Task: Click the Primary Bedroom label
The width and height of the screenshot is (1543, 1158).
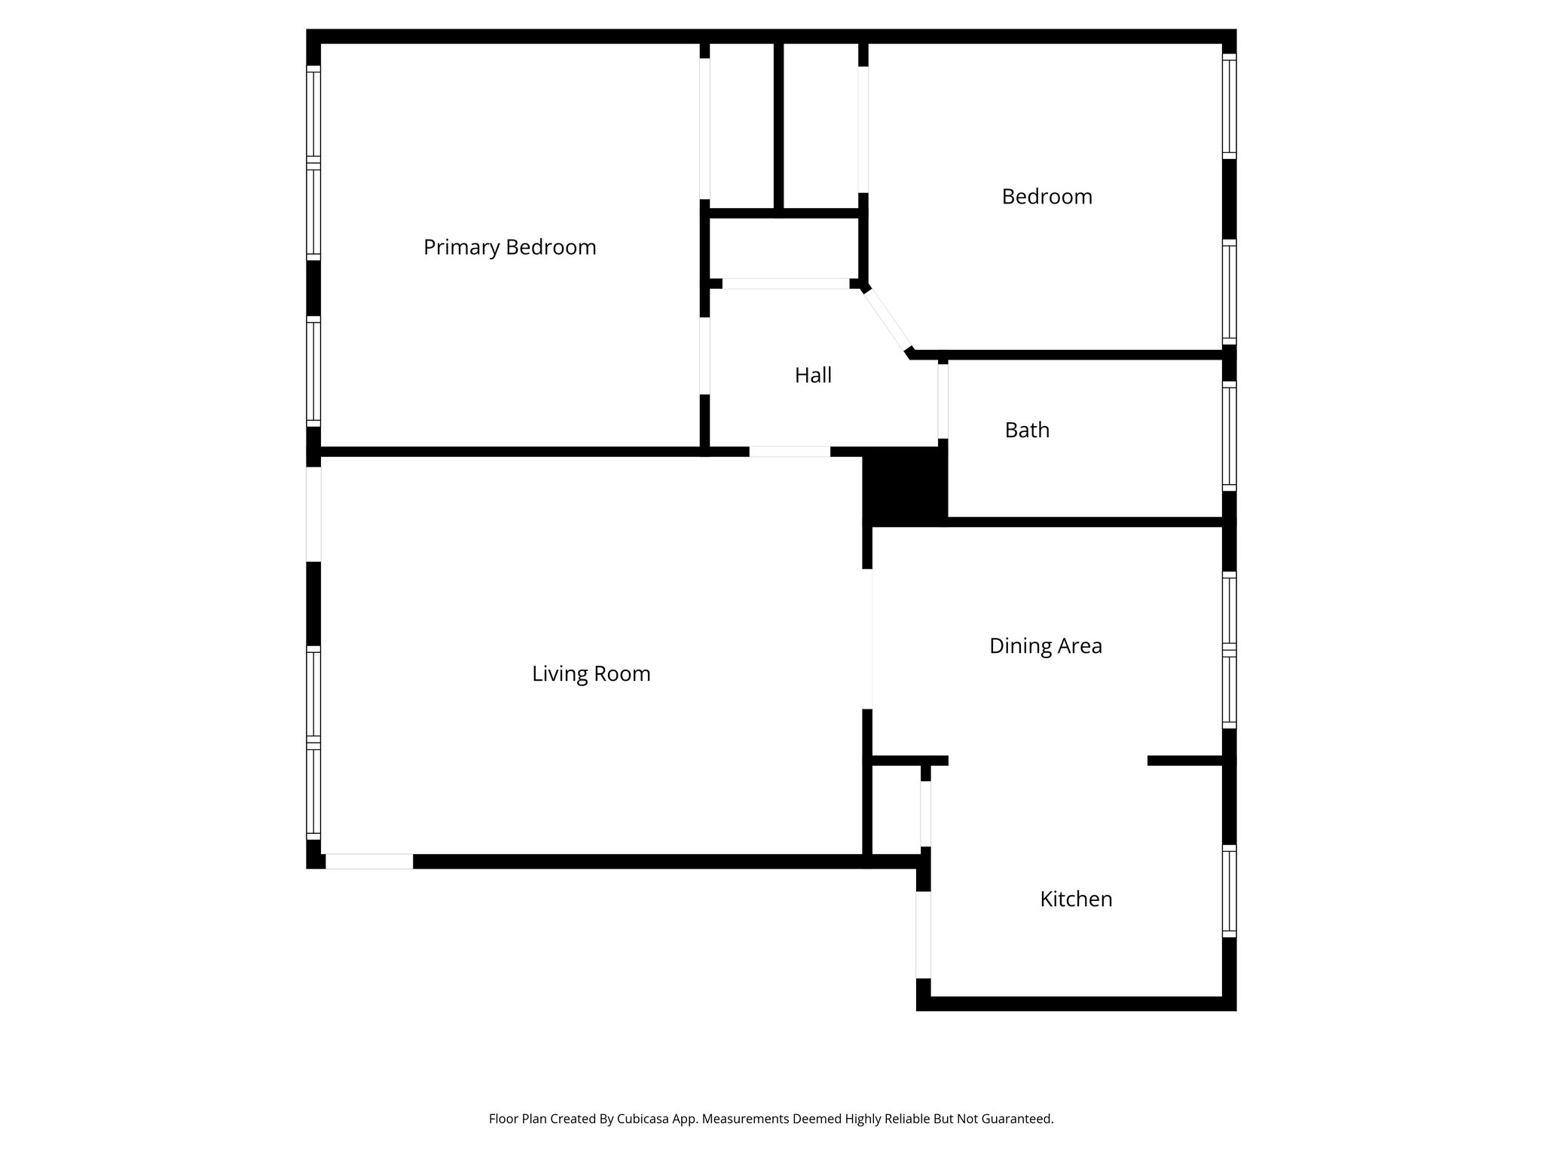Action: [509, 247]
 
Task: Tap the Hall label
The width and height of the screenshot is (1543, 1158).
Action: [813, 375]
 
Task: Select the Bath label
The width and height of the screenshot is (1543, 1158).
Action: [1027, 430]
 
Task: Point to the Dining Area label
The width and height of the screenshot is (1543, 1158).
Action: [1045, 646]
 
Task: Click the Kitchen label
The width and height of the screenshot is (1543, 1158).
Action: [1076, 899]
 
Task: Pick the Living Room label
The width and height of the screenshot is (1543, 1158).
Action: [591, 673]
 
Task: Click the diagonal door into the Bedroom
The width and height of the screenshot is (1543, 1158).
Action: [887, 320]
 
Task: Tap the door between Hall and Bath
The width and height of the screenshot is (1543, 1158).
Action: [943, 401]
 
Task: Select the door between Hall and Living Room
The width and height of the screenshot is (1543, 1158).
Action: [790, 452]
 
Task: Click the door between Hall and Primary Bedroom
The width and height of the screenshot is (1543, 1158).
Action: [704, 356]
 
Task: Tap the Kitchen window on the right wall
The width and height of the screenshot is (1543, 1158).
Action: [1229, 891]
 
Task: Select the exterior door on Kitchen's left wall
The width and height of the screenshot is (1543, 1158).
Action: [923, 934]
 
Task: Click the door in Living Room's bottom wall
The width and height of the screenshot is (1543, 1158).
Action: [369, 861]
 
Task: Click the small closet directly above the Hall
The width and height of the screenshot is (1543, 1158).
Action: [784, 247]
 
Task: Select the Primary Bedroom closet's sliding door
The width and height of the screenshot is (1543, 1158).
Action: [704, 128]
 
